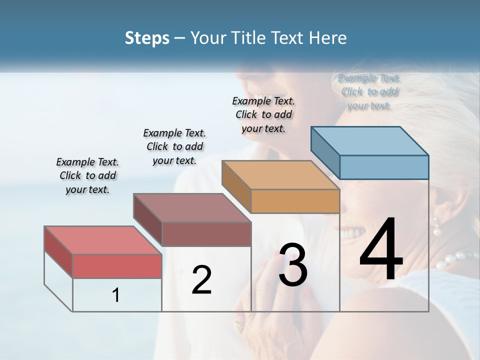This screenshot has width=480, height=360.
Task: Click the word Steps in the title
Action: [x=146, y=38]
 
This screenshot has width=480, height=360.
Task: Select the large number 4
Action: [x=381, y=250]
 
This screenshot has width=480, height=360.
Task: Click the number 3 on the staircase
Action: [x=292, y=265]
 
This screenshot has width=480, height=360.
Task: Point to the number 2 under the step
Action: [x=201, y=280]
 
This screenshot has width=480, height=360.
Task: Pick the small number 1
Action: [x=116, y=295]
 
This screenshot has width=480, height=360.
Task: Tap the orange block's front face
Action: [x=295, y=201]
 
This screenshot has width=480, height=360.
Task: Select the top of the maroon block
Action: [x=192, y=207]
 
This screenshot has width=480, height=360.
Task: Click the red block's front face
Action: [x=117, y=266]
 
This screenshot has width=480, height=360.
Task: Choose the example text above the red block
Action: [x=87, y=175]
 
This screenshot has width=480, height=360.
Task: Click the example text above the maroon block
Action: [x=174, y=146]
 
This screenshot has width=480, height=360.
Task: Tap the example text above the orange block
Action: [x=263, y=114]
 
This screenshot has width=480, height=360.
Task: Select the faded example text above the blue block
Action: [x=369, y=91]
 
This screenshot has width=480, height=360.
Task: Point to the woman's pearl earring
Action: [x=436, y=227]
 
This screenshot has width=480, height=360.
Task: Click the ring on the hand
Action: [x=240, y=326]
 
